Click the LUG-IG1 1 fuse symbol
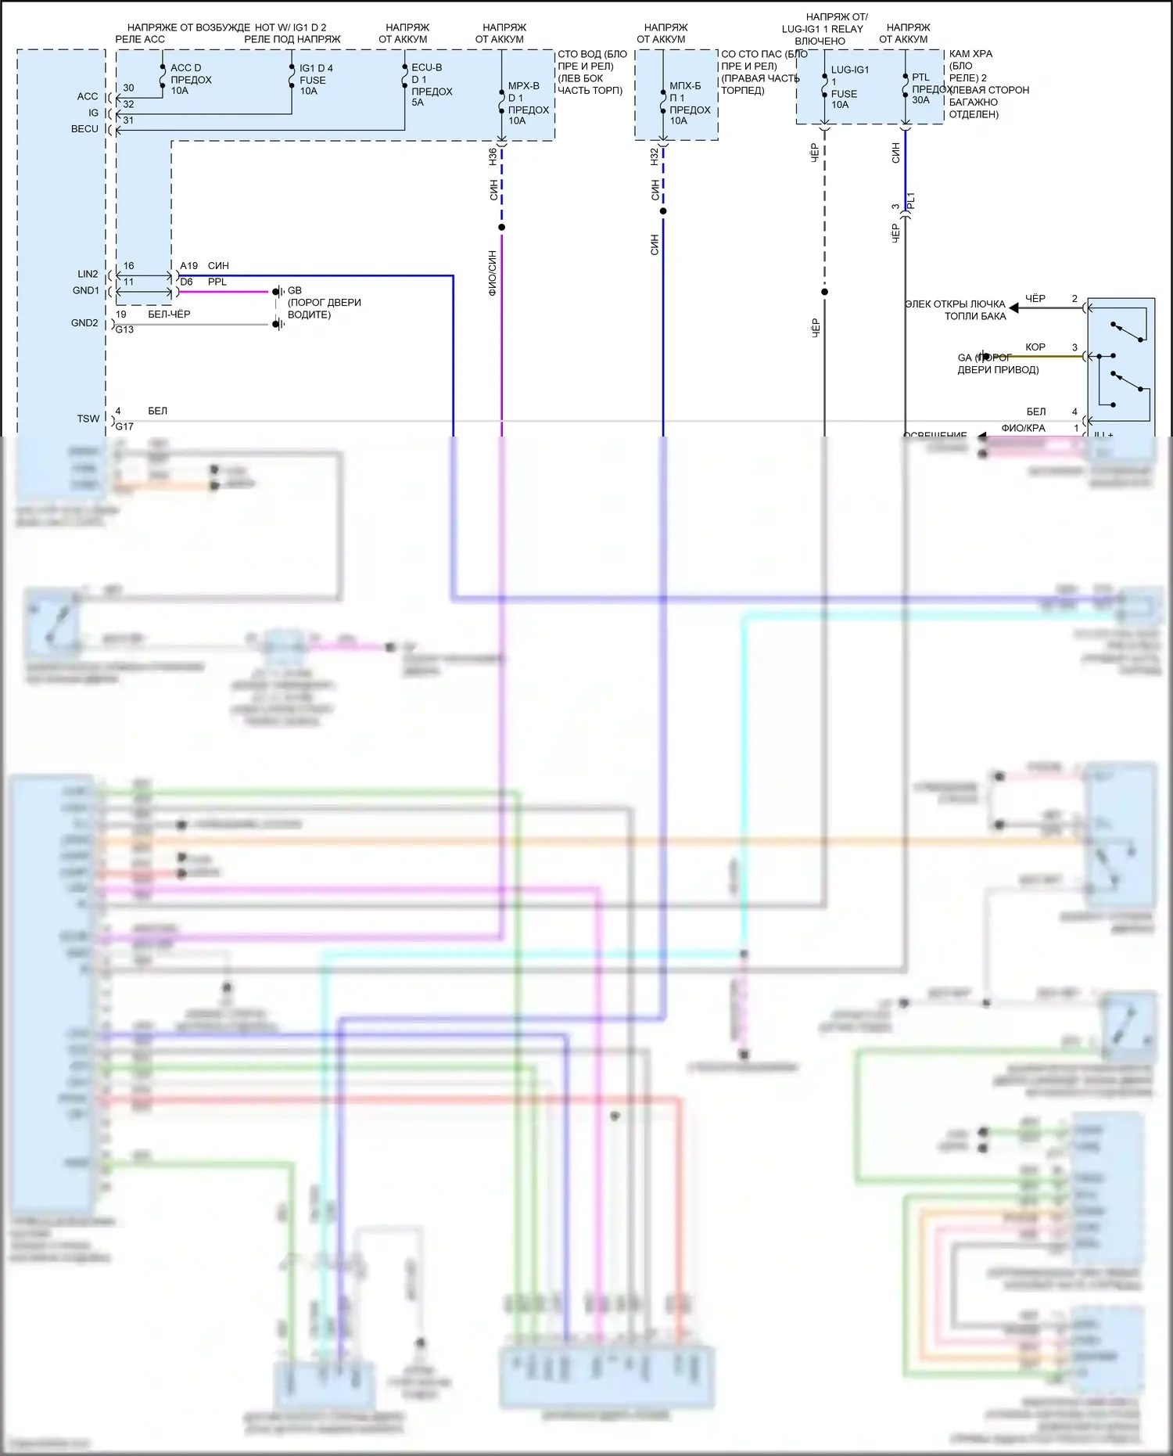click(x=824, y=86)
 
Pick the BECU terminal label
click(x=84, y=129)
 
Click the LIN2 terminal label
click(x=88, y=274)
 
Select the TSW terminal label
click(x=88, y=419)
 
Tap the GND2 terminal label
click(x=84, y=323)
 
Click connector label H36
click(x=493, y=156)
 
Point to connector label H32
click(x=654, y=156)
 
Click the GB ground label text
click(x=294, y=290)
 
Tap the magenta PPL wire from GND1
click(x=227, y=292)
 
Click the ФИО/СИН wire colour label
click(x=493, y=272)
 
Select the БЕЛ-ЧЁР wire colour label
click(x=169, y=314)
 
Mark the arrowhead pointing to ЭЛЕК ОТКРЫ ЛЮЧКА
click(x=1013, y=308)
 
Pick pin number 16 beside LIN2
click(x=129, y=266)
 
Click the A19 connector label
click(x=188, y=266)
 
